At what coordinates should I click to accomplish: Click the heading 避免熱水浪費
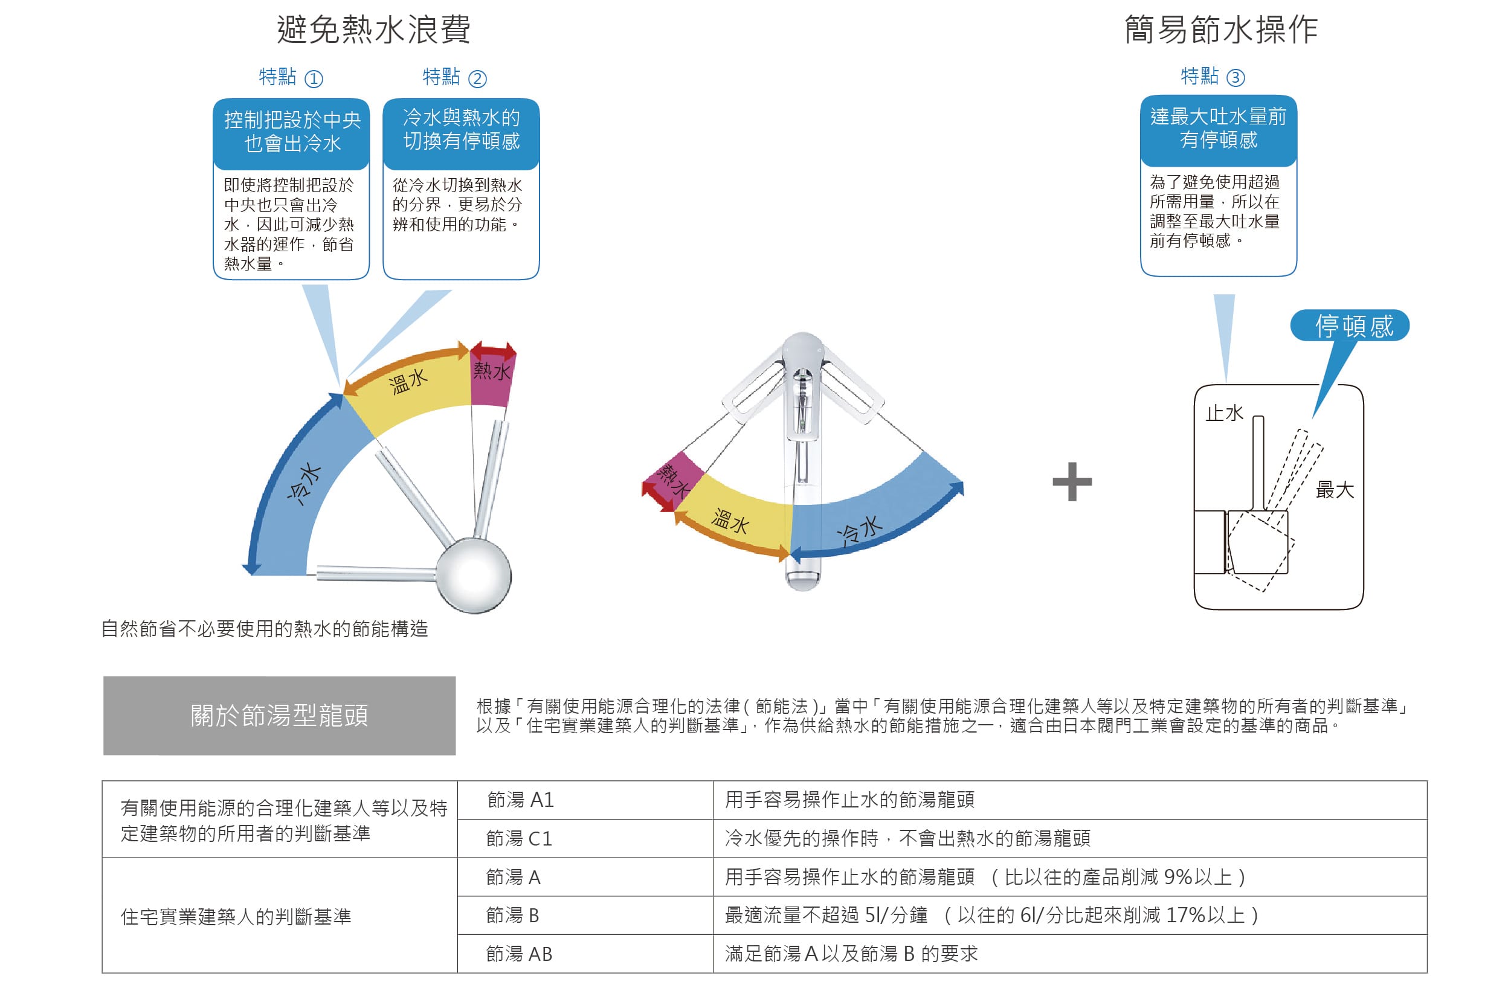point(373,29)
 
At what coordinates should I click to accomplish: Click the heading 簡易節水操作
point(1221,29)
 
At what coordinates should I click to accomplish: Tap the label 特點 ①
point(291,77)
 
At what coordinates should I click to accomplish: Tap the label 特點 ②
point(454,77)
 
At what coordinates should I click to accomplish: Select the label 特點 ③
point(1213,77)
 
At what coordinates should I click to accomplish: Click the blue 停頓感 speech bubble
point(1350,326)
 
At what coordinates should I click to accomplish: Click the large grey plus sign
point(1072,481)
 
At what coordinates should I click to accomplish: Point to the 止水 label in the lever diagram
point(1225,413)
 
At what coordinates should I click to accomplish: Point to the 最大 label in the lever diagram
point(1335,489)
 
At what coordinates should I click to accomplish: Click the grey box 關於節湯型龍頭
point(279,716)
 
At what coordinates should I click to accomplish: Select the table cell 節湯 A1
point(521,800)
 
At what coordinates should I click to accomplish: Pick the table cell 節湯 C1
point(520,838)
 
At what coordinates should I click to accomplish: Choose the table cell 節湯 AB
point(520,954)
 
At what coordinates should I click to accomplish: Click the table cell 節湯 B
point(512,916)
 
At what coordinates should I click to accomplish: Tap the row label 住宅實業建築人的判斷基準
point(236,916)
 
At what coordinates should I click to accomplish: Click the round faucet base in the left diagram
point(473,576)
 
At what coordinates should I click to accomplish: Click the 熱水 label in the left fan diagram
point(492,371)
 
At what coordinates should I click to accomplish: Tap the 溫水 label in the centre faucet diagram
point(730,521)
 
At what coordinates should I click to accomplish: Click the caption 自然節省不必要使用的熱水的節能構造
point(265,629)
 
